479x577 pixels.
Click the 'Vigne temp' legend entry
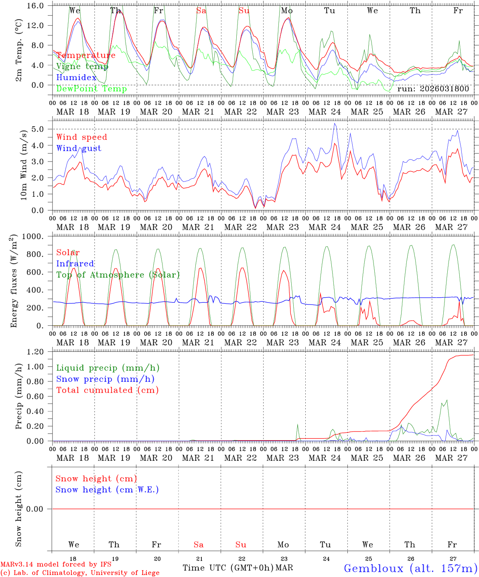point(82,67)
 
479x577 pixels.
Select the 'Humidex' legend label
point(77,78)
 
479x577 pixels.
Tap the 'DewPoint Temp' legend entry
point(91,89)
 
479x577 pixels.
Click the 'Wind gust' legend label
point(79,148)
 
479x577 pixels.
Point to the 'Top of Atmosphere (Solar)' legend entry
point(118,275)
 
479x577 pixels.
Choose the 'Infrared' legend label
point(75,264)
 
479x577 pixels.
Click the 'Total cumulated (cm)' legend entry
point(107,390)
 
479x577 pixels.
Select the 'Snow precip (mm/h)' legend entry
point(105,379)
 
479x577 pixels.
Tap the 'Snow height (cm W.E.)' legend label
point(107,490)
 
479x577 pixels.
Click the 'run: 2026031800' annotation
point(433,89)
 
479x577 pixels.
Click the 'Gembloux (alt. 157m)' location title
point(410,568)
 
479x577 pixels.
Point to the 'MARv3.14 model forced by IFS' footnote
point(56,565)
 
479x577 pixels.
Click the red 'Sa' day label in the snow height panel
point(199,545)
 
